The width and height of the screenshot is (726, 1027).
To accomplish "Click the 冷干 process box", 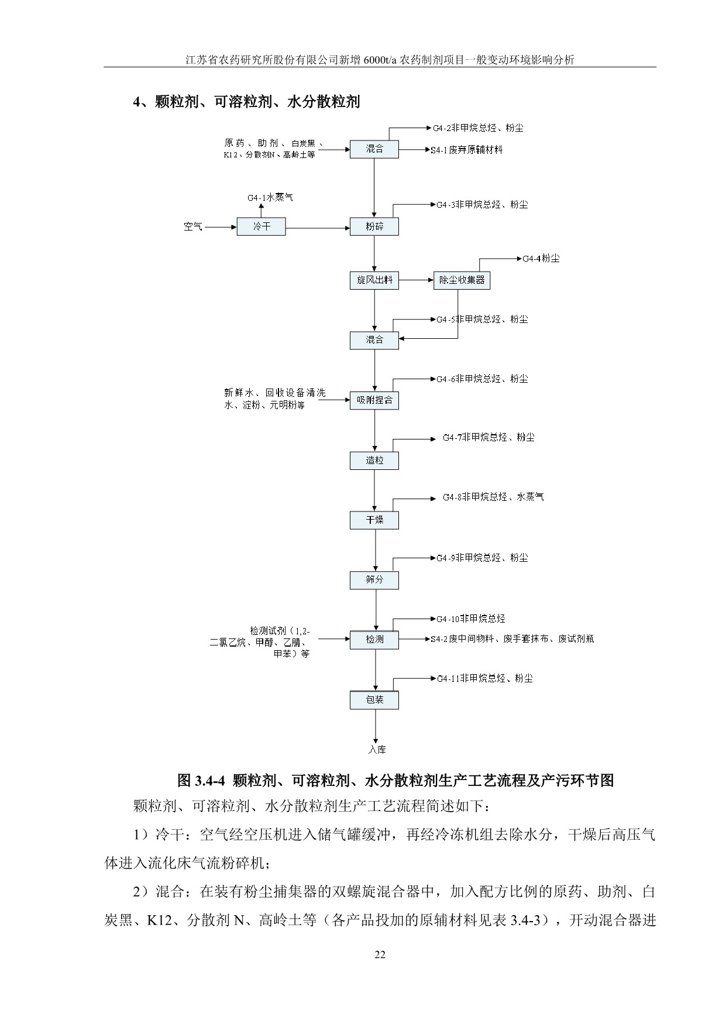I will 261,226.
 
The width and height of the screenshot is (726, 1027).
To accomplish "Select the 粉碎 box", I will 374,226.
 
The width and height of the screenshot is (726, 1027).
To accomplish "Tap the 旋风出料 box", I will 374,280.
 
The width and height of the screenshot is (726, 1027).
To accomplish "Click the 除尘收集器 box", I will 462,280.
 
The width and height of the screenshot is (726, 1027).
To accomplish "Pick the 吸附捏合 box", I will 374,401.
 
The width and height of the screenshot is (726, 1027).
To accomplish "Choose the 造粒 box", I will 374,461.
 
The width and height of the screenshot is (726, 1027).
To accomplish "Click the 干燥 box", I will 374,520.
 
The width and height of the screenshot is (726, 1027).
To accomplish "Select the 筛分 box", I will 374,580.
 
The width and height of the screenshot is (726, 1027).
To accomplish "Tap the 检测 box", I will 374,640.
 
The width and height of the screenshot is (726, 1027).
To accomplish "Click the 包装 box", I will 374,700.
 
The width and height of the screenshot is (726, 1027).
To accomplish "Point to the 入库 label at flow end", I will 377,750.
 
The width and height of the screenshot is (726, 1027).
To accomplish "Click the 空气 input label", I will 193,226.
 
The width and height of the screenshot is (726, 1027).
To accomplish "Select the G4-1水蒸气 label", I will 270,198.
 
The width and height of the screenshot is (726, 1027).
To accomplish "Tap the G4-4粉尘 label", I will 541,258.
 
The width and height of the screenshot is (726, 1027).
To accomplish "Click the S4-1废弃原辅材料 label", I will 466,150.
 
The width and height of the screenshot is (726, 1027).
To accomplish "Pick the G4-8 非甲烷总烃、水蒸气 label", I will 493,497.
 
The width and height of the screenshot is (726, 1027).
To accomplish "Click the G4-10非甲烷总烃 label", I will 470,619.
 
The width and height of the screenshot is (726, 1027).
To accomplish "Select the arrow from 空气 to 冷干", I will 220,226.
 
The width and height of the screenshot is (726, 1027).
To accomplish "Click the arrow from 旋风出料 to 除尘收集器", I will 415,280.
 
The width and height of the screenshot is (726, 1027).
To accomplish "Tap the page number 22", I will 380,955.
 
